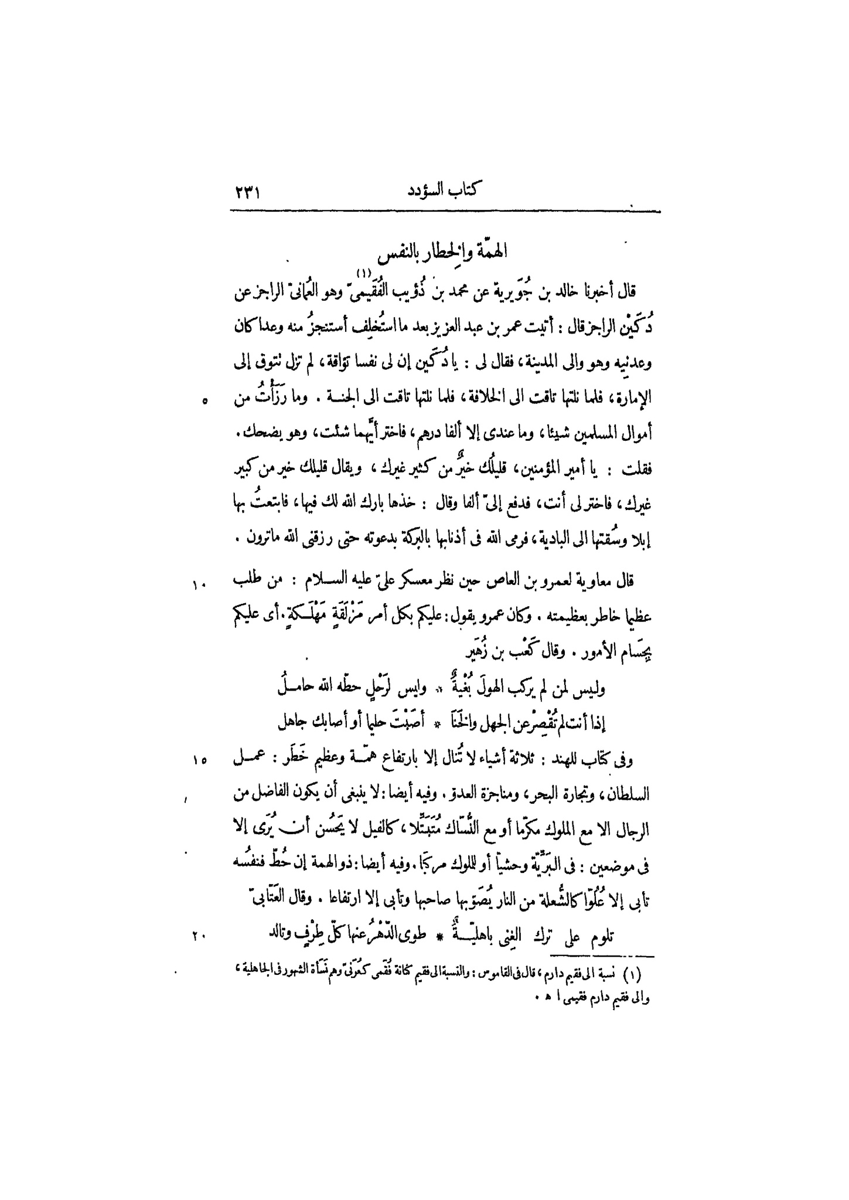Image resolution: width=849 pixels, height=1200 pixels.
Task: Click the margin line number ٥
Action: pyautogui.click(x=203, y=401)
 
